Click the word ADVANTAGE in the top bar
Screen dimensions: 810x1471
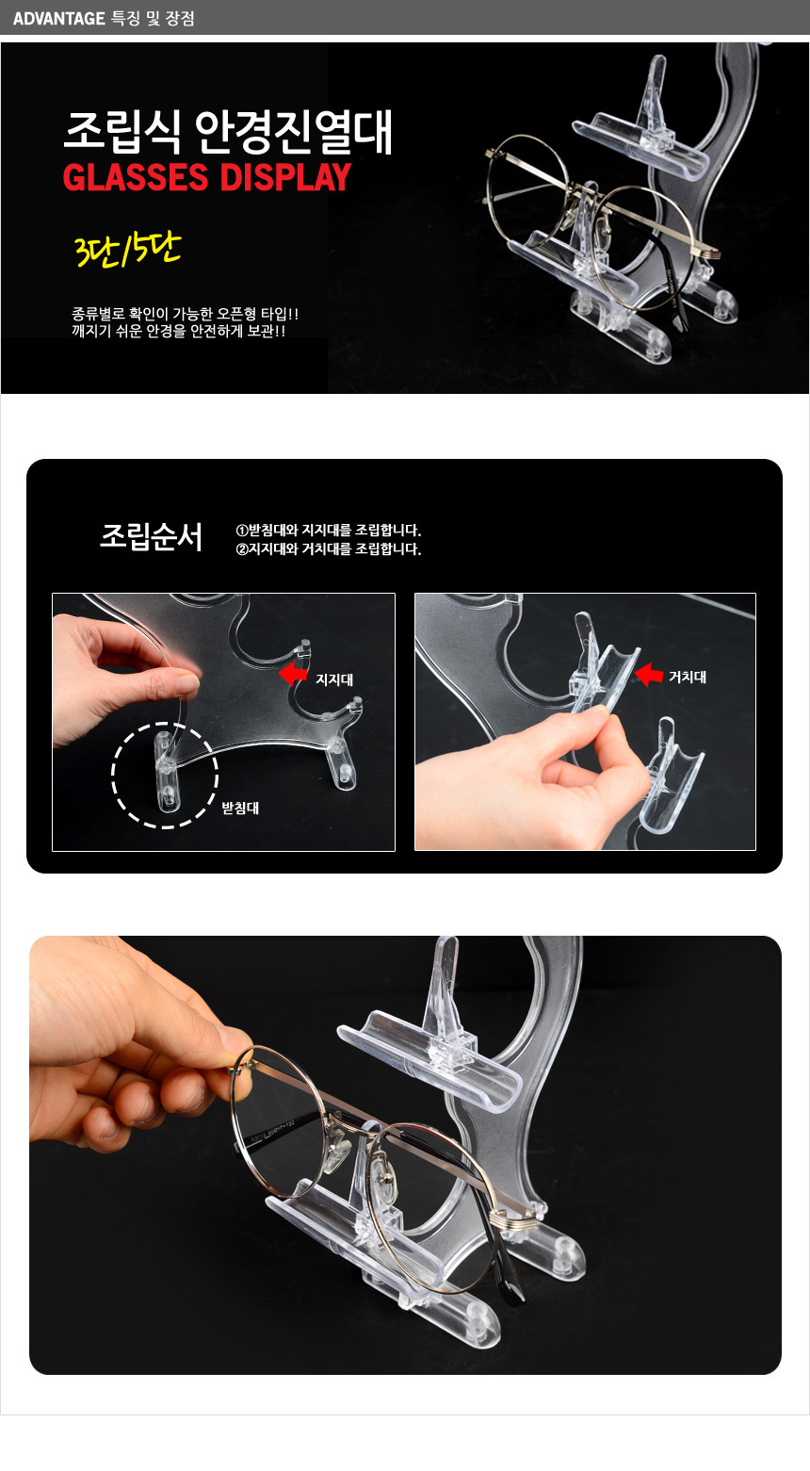coord(59,19)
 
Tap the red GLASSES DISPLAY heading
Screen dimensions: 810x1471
coord(207,177)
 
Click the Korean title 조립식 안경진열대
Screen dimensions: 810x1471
coord(228,132)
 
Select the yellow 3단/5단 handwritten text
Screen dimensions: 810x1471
coord(127,250)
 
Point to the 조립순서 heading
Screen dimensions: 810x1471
coord(151,536)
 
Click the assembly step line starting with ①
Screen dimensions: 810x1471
coord(328,530)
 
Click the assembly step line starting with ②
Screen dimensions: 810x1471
coord(328,549)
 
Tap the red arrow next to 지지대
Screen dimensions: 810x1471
coord(293,673)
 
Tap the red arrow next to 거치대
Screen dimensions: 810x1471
coord(649,675)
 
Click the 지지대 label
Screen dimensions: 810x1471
coord(334,679)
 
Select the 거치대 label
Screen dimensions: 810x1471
coord(688,677)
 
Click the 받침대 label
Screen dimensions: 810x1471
coord(240,808)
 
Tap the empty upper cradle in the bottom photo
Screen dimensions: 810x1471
coord(429,1058)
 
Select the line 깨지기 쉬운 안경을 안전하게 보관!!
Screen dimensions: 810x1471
coord(179,331)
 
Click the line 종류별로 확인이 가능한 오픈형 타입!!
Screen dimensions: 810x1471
coord(186,314)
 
